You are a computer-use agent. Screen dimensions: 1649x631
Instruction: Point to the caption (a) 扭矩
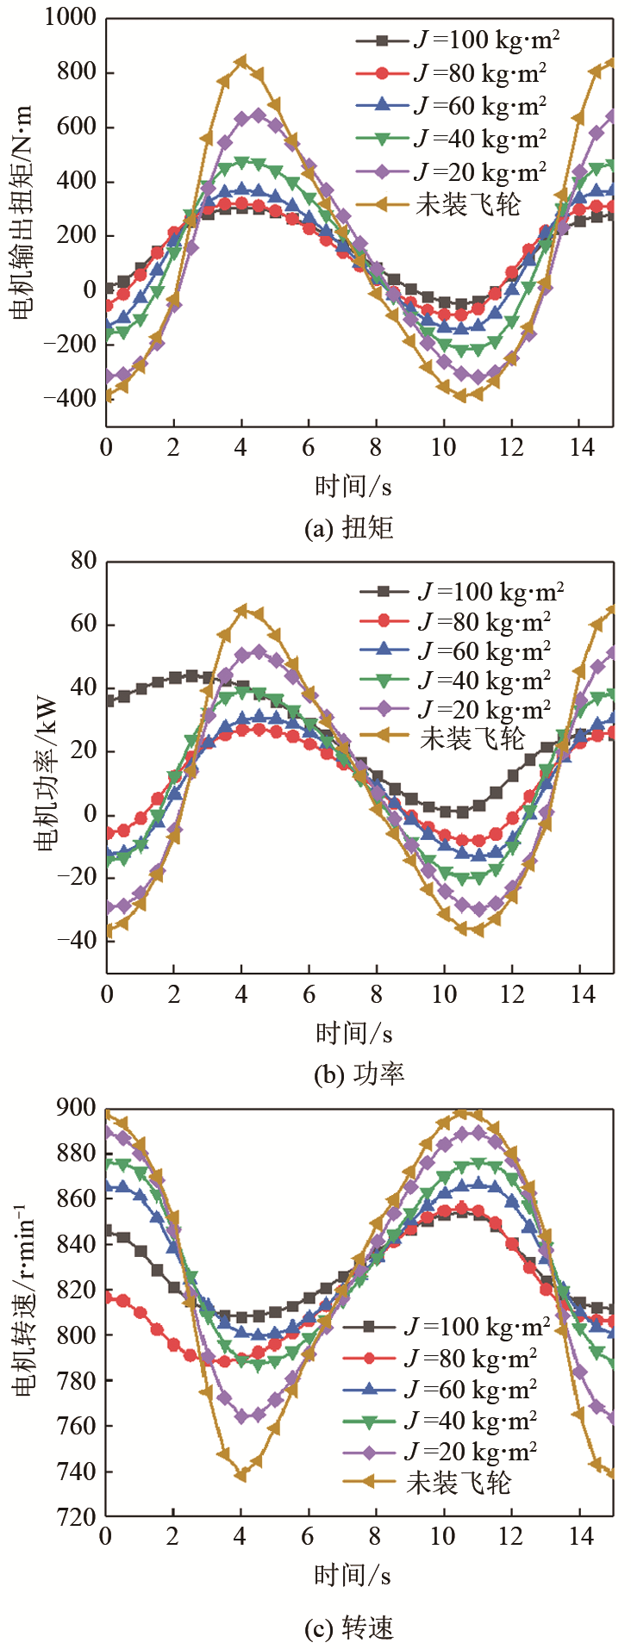click(x=349, y=527)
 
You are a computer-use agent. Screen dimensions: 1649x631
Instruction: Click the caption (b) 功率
click(x=354, y=1073)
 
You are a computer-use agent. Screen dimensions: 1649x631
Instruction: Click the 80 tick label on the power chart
click(x=84, y=561)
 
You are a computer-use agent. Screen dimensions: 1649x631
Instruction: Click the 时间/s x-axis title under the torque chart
click(x=353, y=487)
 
